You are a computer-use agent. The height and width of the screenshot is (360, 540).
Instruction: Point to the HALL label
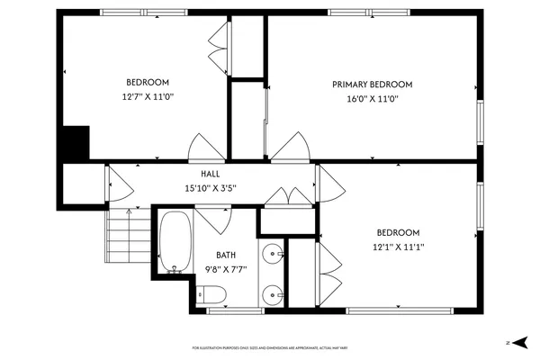click(210, 174)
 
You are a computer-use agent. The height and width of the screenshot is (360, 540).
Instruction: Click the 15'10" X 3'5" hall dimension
click(210, 189)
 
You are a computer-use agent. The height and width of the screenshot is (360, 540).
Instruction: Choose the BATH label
click(225, 255)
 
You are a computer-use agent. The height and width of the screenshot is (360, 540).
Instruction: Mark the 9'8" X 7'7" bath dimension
click(225, 268)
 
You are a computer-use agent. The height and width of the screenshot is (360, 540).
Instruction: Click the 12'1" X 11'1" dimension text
click(398, 247)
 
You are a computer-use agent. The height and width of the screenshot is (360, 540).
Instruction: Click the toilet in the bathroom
click(211, 293)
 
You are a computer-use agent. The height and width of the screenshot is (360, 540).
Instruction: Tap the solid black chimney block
click(76, 142)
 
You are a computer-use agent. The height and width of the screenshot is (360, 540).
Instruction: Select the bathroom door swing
click(212, 220)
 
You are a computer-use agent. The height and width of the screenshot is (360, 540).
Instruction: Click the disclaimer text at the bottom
click(269, 347)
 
